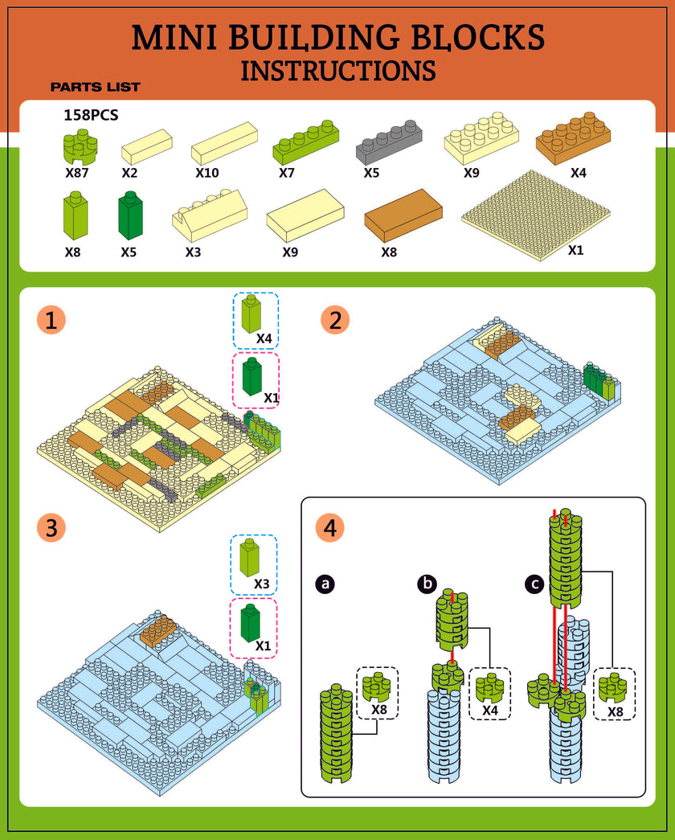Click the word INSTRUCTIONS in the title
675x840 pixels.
pyautogui.click(x=338, y=70)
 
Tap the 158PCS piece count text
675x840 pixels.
pyautogui.click(x=91, y=115)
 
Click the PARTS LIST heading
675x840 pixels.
pyautogui.click(x=95, y=87)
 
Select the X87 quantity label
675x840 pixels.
pyautogui.click(x=78, y=172)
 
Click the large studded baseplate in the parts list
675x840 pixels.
pyautogui.click(x=537, y=213)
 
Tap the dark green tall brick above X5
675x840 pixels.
pyautogui.click(x=129, y=215)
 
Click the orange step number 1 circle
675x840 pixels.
pyautogui.click(x=51, y=321)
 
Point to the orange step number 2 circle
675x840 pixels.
pyautogui.click(x=335, y=321)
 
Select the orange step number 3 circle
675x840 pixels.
pyautogui.click(x=51, y=528)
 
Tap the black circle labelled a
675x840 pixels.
pyautogui.click(x=325, y=584)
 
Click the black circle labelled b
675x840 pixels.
pyautogui.click(x=427, y=584)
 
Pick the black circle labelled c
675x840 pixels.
pyautogui.click(x=532, y=584)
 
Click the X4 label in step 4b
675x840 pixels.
pyautogui.click(x=490, y=711)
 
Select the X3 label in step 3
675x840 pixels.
pyautogui.click(x=261, y=583)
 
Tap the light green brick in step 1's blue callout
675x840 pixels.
pyautogui.click(x=252, y=313)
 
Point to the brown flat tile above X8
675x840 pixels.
pyautogui.click(x=403, y=215)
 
